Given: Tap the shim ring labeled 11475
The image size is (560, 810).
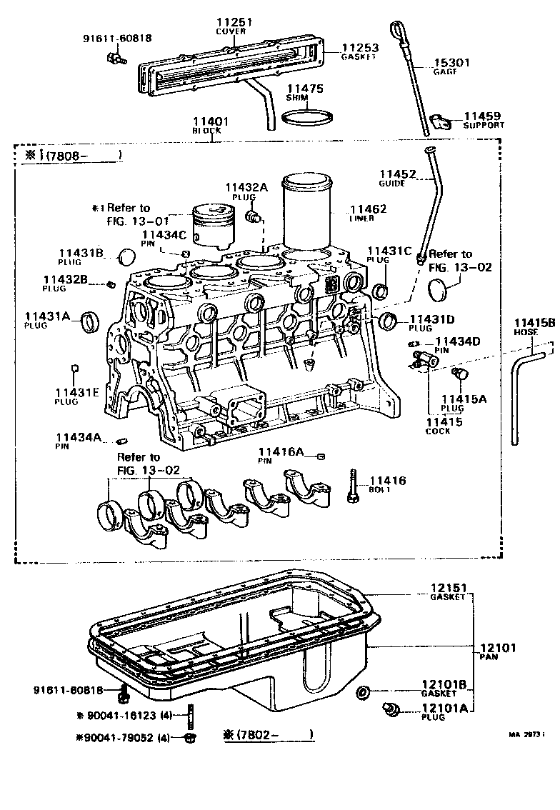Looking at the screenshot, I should coord(308,116).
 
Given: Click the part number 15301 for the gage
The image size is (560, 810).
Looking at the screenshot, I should coord(451,63).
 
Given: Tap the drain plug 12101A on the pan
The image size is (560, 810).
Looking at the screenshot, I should coord(390,709).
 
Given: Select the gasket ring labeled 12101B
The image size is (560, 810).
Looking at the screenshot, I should coord(364,691).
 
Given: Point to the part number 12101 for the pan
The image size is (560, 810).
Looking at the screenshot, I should coord(498,648).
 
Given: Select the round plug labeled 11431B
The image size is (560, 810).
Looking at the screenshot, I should coord(126,256).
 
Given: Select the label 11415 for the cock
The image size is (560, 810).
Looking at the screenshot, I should coord(444,422).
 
